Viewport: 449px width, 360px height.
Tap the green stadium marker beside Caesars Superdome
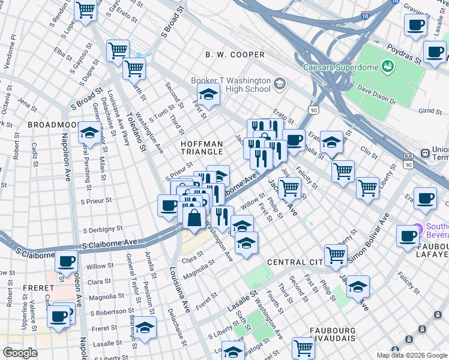point(388,67)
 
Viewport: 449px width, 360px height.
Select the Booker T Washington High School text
point(231,85)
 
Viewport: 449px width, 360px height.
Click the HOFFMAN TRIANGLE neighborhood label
point(202,148)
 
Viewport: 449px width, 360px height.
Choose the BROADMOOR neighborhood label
point(52,124)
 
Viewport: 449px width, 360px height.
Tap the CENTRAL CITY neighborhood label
point(295,262)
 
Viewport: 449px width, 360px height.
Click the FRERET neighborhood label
point(39,288)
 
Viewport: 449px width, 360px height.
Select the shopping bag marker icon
point(194,218)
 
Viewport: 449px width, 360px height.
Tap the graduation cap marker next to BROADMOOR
point(89,133)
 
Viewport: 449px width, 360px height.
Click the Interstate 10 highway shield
point(366,14)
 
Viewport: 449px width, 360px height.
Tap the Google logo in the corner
point(20,353)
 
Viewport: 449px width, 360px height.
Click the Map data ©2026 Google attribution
point(411,355)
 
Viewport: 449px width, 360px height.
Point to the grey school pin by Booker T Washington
point(279,83)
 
